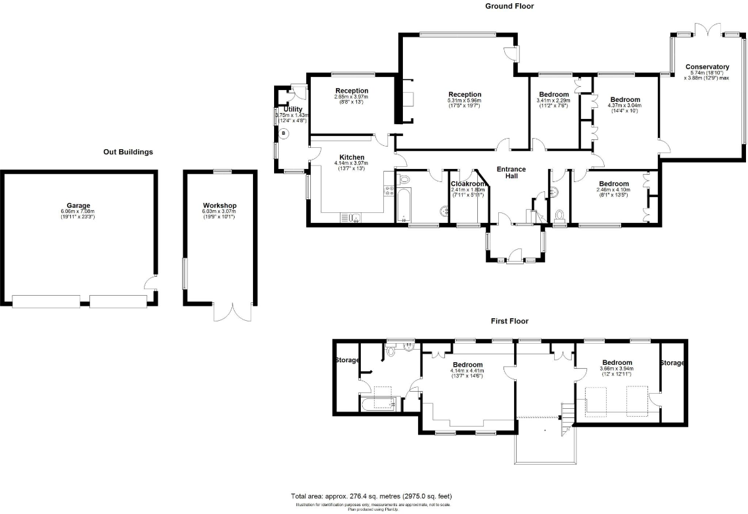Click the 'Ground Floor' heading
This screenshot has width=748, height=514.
point(509,6)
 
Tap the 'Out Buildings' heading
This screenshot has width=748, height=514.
point(128,152)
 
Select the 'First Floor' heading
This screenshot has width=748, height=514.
point(509,321)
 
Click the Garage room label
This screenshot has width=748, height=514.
point(78,206)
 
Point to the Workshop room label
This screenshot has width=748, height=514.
point(219,206)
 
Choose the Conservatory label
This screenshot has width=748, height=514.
point(707,67)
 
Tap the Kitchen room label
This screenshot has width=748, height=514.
point(352,157)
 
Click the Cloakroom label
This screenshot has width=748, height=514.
point(467,184)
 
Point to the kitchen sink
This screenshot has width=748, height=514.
point(350,218)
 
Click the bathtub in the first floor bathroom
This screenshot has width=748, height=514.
point(377,404)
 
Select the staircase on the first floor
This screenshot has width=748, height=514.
point(565,421)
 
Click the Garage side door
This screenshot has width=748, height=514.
point(151,285)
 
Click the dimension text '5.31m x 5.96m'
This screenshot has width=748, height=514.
point(465,101)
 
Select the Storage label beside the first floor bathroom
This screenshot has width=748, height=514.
point(347,360)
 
